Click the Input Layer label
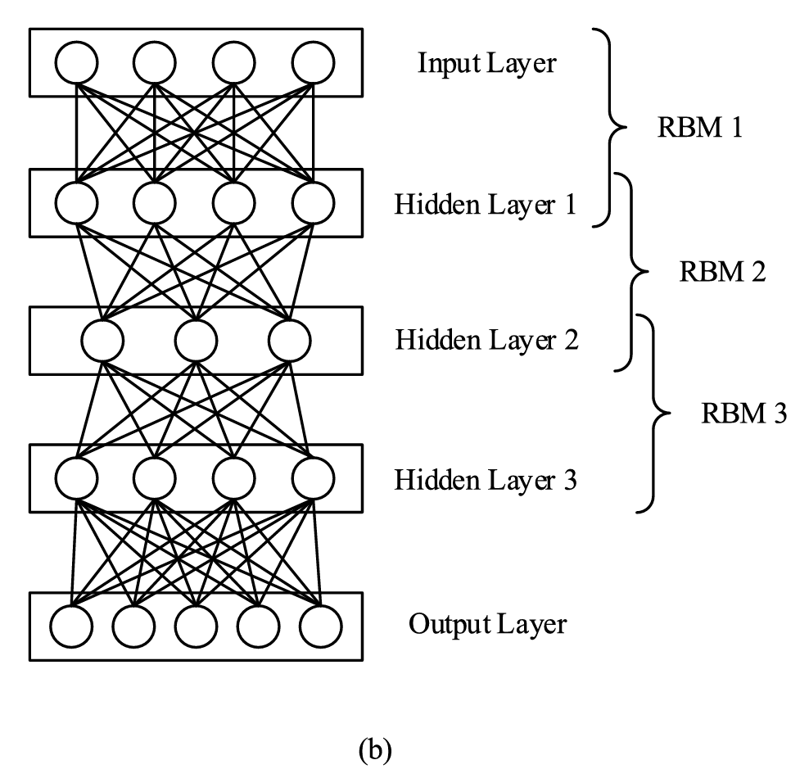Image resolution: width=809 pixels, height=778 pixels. point(486,63)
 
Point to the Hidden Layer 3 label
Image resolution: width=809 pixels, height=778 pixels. point(486,479)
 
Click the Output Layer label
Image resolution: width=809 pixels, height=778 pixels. point(487,625)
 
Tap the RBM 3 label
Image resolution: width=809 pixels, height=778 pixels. point(743,414)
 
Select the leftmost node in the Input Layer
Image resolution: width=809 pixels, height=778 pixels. point(77,62)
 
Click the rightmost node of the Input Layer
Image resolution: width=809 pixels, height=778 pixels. point(313,62)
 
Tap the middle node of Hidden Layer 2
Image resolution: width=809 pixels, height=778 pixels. point(196,339)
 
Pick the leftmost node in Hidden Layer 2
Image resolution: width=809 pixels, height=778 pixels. point(103,339)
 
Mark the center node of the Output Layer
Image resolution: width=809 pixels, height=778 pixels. point(196,627)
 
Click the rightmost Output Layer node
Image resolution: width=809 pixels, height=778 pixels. point(319,627)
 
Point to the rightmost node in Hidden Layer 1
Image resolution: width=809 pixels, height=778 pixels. point(313,201)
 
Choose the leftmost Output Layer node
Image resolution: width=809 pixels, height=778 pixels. point(71,627)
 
